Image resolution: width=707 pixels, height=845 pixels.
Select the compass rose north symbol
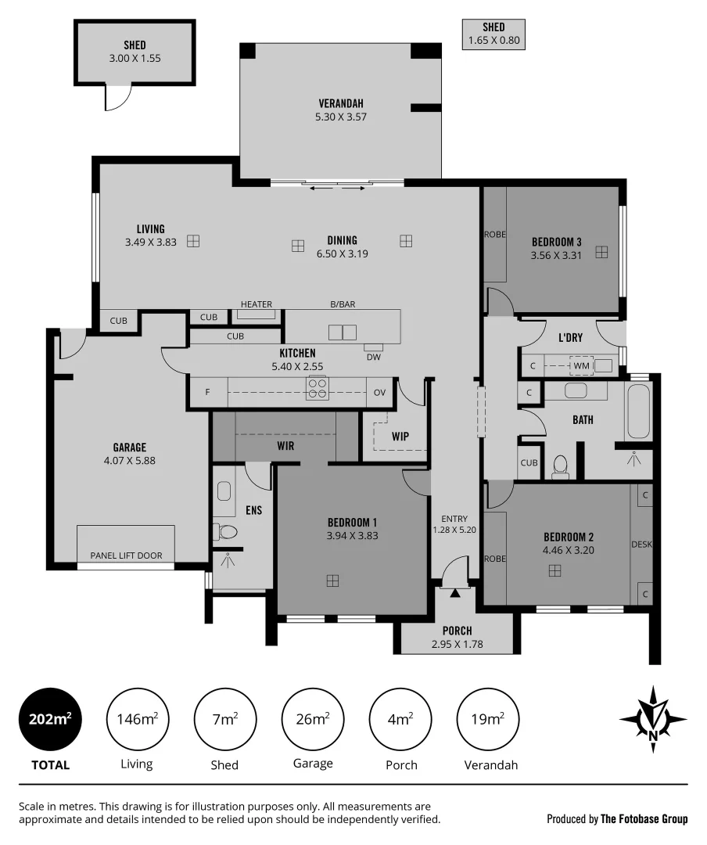(x=653, y=719)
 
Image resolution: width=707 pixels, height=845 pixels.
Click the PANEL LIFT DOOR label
(x=126, y=556)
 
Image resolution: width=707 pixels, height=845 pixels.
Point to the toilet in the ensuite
(x=228, y=532)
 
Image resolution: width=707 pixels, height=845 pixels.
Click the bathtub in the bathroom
(x=638, y=412)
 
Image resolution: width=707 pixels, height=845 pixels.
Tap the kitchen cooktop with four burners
(x=317, y=388)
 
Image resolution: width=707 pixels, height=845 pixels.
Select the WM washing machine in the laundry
(x=581, y=365)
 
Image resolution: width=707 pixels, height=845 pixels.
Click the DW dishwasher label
(x=373, y=358)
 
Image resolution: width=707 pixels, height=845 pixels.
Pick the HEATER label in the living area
(x=257, y=304)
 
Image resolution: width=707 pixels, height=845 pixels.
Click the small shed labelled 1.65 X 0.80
(x=493, y=34)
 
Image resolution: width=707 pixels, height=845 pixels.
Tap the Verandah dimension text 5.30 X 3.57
(x=340, y=117)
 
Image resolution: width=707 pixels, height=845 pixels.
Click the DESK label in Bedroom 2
(x=641, y=544)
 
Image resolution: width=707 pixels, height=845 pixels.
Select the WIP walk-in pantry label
(x=400, y=437)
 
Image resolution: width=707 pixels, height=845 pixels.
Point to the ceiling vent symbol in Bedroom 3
(x=601, y=252)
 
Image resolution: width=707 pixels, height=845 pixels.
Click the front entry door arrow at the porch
(x=454, y=593)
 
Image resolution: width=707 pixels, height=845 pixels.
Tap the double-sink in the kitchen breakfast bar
(x=343, y=332)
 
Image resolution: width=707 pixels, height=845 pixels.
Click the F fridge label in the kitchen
(x=208, y=392)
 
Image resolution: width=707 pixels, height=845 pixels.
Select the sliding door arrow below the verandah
(x=338, y=189)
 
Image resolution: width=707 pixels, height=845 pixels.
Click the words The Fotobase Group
(x=644, y=819)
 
